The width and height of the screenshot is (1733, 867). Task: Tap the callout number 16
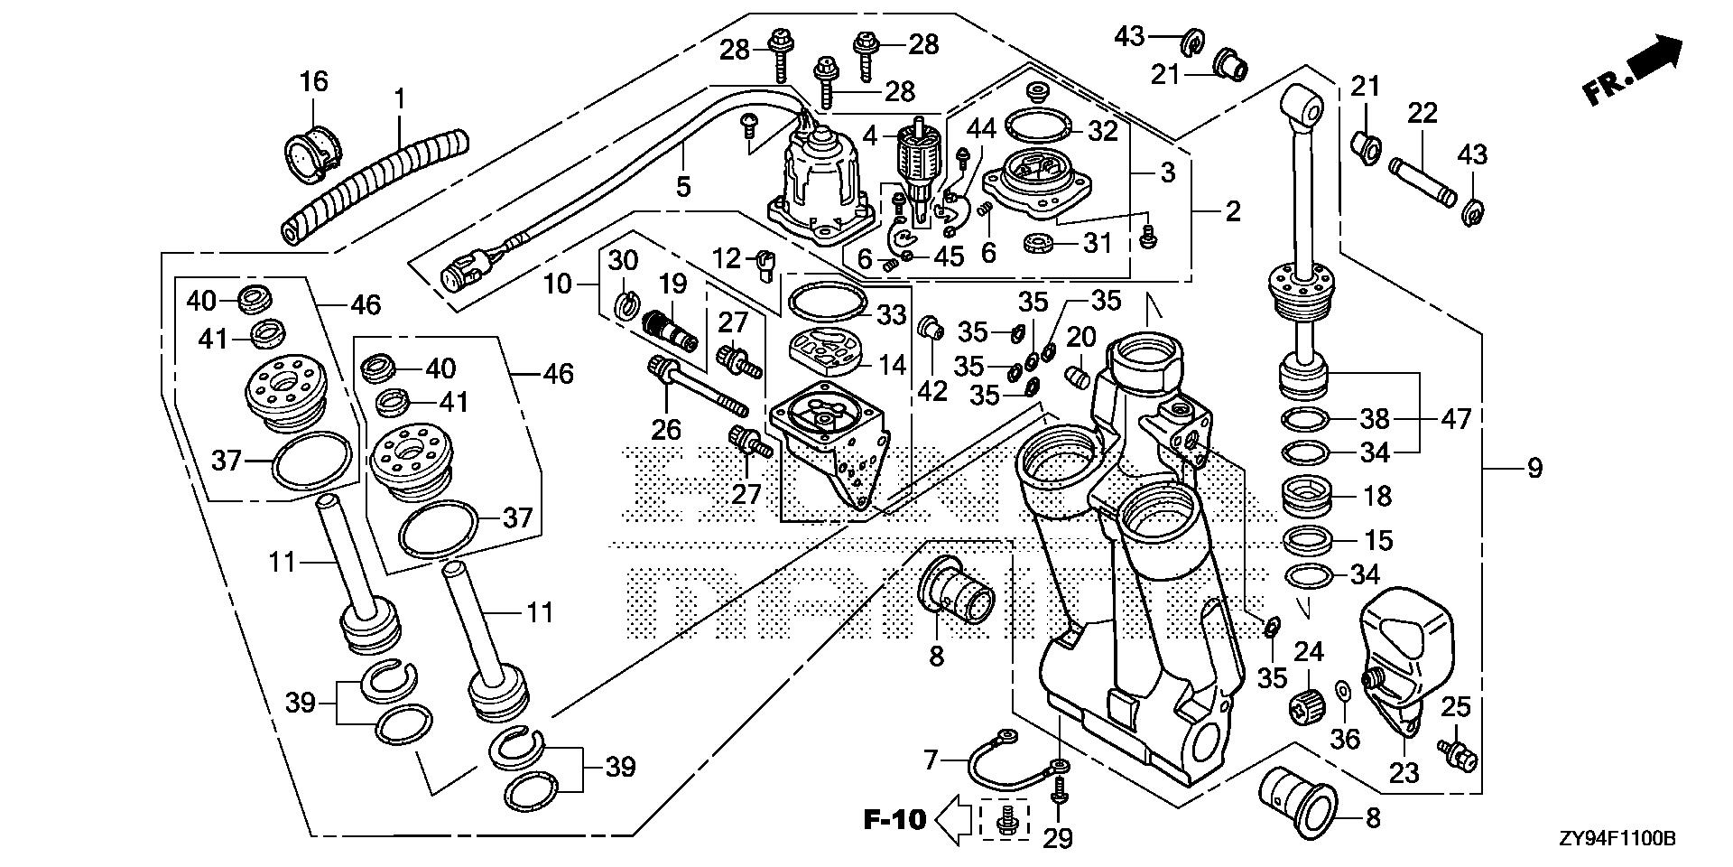point(313,82)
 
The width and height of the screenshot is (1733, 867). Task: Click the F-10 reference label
point(894,819)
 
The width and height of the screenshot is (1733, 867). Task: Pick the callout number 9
point(1535,469)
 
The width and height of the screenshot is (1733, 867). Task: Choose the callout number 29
point(1058,838)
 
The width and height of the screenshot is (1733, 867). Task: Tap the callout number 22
point(1422,114)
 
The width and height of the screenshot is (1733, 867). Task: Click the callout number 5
point(683,187)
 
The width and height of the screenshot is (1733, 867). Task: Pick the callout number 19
point(672,285)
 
